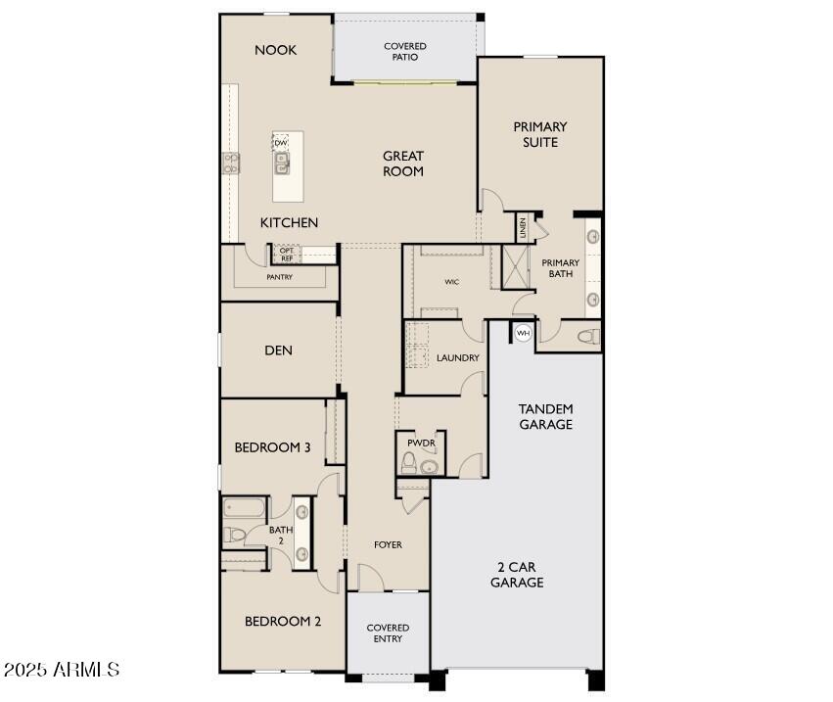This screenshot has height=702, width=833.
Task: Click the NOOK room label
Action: pyautogui.click(x=275, y=50)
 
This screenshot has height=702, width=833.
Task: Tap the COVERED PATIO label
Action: pyautogui.click(x=404, y=52)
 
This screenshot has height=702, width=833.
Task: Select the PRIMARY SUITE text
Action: pyautogui.click(x=539, y=134)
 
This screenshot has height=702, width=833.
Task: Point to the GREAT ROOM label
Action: pyautogui.click(x=402, y=164)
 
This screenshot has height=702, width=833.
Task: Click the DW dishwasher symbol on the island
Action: pyautogui.click(x=281, y=143)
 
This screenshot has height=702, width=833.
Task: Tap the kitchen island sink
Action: pyautogui.click(x=282, y=165)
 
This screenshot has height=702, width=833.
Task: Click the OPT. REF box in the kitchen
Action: pyautogui.click(x=287, y=255)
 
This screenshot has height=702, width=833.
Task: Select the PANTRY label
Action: pyautogui.click(x=280, y=277)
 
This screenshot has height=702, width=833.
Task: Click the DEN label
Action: pyautogui.click(x=278, y=351)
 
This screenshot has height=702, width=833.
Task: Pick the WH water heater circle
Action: pyautogui.click(x=523, y=333)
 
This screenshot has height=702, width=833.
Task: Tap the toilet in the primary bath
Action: pyautogui.click(x=587, y=337)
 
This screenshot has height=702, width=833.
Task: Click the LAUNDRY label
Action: pyautogui.click(x=457, y=358)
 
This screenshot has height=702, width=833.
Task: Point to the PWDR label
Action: pyautogui.click(x=421, y=442)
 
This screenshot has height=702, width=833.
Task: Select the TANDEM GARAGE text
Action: pyautogui.click(x=545, y=416)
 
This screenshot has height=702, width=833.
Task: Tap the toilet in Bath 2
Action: pyautogui.click(x=234, y=535)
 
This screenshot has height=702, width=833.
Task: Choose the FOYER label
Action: pyautogui.click(x=388, y=544)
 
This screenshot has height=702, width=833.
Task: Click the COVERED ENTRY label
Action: pyautogui.click(x=388, y=633)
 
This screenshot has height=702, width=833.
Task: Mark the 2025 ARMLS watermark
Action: pyautogui.click(x=62, y=670)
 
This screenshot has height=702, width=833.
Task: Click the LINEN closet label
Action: pyautogui.click(x=524, y=228)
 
